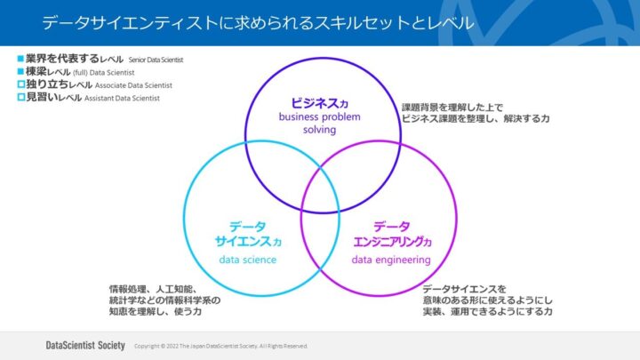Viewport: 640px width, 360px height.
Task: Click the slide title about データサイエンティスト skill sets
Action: pos(258,20)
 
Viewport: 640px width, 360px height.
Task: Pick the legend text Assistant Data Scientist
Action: pos(122,97)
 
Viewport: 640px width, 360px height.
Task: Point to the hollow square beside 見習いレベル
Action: pos(20,97)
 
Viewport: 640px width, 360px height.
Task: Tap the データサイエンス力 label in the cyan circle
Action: pos(247,233)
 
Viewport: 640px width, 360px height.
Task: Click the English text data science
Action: pos(247,260)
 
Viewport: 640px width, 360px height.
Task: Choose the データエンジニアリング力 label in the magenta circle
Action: pos(391,233)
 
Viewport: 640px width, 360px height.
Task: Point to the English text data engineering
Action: pos(391,260)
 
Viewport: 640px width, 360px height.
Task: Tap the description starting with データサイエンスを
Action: pos(487,300)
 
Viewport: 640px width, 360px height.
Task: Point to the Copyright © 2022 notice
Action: pos(220,345)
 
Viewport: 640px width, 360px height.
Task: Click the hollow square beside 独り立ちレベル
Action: pos(20,84)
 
